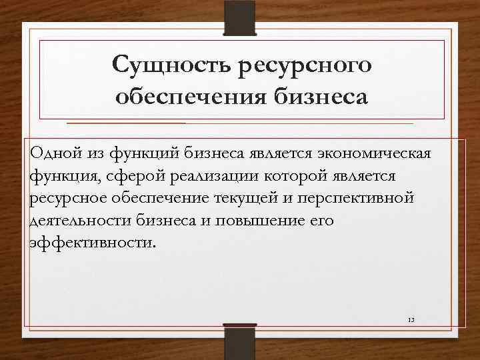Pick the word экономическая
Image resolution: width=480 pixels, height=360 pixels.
point(376,153)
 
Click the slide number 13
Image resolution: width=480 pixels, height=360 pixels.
point(411,321)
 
